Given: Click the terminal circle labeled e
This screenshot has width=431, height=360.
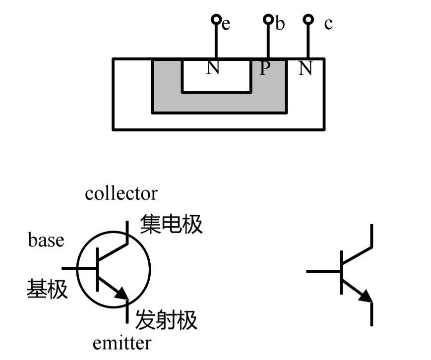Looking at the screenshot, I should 216,19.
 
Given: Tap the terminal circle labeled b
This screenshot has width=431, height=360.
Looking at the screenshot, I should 268,19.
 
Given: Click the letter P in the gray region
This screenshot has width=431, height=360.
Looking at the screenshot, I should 265,68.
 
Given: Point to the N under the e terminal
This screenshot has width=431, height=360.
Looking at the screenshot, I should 213,68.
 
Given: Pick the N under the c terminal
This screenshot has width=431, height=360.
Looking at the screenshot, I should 306,68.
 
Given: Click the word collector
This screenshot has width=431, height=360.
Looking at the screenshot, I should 121,193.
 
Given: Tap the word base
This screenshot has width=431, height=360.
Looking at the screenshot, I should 46,240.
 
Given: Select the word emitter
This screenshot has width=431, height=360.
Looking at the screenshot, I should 122,342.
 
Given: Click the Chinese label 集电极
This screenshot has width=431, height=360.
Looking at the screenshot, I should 172,224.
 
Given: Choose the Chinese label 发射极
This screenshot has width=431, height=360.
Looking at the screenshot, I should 166,320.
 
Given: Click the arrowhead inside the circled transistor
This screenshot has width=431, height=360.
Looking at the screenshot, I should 122,294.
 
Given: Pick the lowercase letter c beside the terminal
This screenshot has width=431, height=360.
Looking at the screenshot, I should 328,23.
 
